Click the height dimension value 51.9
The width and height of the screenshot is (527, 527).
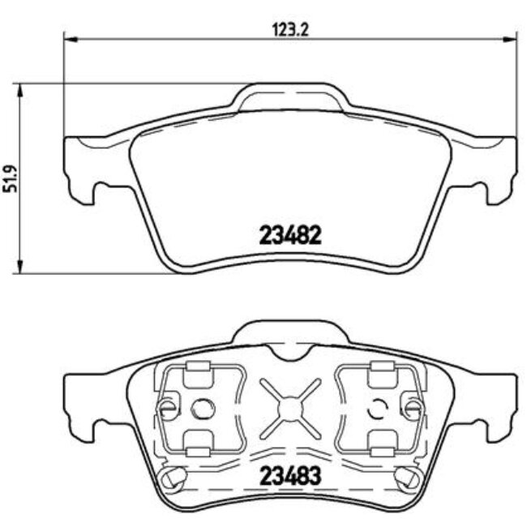[11, 178]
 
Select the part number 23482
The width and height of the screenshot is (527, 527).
[290, 235]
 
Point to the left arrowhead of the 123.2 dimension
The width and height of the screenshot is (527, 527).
[69, 37]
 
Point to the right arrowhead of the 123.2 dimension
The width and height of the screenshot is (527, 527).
[512, 37]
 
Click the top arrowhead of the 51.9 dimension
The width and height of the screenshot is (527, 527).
[19, 88]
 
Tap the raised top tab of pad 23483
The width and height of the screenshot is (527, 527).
[290, 333]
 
